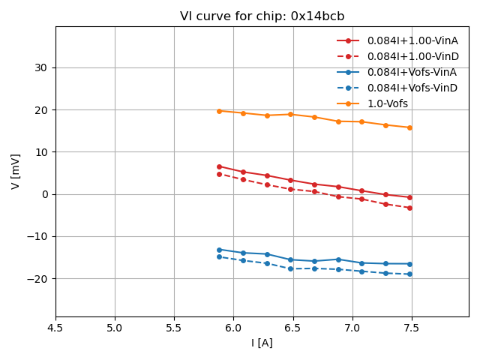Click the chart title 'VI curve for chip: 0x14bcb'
tap(262, 16)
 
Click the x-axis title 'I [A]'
tap(262, 343)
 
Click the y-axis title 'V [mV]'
tap(16, 172)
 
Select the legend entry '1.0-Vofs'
tap(388, 103)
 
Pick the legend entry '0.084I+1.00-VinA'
tap(412, 40)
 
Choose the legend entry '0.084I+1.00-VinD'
tap(412, 56)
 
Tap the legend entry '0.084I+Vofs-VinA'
tap(412, 72)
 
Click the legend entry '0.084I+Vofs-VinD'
tap(412, 88)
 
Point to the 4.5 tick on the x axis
tap(55, 328)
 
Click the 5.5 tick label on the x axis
tap(174, 328)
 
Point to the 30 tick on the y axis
tap(41, 67)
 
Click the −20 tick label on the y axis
tap(37, 278)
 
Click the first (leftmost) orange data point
tap(219, 111)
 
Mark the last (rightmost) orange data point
tap(409, 127)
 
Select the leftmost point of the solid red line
tap(219, 166)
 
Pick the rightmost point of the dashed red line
tap(409, 208)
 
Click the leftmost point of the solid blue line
tap(219, 250)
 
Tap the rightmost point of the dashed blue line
tap(409, 274)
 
